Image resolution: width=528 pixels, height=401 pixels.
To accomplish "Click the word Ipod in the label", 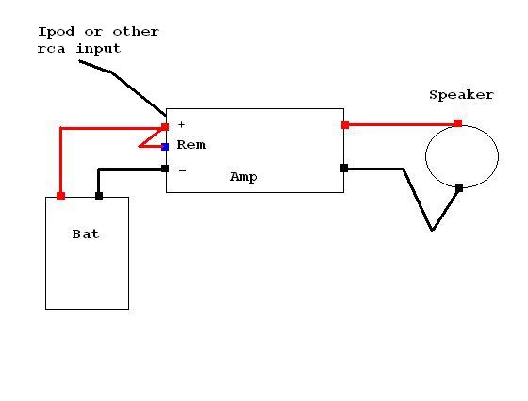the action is click(x=56, y=32).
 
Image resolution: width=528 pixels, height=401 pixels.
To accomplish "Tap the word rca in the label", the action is click(x=51, y=49).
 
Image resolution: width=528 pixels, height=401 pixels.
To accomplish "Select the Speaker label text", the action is click(x=461, y=95).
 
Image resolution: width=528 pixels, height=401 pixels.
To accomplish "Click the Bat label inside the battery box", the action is click(x=86, y=234).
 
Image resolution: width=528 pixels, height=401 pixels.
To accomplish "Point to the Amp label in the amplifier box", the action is click(x=244, y=178).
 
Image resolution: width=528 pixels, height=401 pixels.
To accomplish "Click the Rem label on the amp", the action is click(x=190, y=145).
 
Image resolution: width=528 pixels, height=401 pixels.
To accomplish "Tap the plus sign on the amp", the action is click(x=181, y=124).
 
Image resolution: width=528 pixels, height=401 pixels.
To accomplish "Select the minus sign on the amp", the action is click(x=182, y=171).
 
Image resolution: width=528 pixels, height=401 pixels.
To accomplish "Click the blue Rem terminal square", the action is click(x=165, y=147).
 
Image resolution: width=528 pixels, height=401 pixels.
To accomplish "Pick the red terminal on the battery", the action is click(x=60, y=196).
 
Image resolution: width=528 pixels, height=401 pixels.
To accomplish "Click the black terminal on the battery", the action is click(x=99, y=196).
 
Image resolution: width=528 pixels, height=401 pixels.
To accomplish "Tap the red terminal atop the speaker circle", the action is click(x=458, y=123).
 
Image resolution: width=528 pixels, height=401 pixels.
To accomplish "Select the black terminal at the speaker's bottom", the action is click(x=459, y=188).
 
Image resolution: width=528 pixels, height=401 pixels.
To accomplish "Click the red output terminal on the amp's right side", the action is click(x=345, y=125).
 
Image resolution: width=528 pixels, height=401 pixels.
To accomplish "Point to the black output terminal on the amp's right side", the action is click(x=344, y=168).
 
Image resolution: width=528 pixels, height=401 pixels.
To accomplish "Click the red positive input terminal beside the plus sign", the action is click(x=165, y=127).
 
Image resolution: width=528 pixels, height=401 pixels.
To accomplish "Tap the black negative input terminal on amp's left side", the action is click(x=165, y=168).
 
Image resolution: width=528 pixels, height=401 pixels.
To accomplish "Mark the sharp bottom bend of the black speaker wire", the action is click(x=433, y=231).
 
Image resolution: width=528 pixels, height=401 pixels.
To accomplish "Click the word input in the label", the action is click(x=98, y=49).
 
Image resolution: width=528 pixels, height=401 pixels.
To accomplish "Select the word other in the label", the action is click(x=136, y=32).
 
